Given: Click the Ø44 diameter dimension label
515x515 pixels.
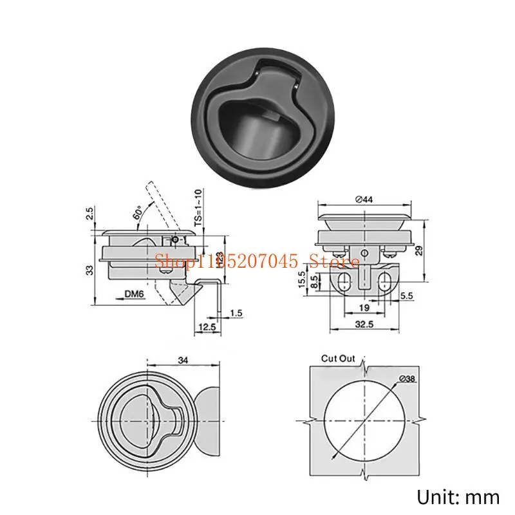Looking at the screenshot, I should pos(363,200).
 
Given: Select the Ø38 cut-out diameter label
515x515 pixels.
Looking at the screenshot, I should pos(407,379).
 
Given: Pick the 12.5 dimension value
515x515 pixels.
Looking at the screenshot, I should pos(207,328).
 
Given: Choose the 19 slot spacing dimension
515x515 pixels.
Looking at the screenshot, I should pos(364,308).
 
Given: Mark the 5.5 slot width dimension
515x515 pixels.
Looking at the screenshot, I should pos(406,295).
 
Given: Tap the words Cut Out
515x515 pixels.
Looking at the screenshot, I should pos(338,359).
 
